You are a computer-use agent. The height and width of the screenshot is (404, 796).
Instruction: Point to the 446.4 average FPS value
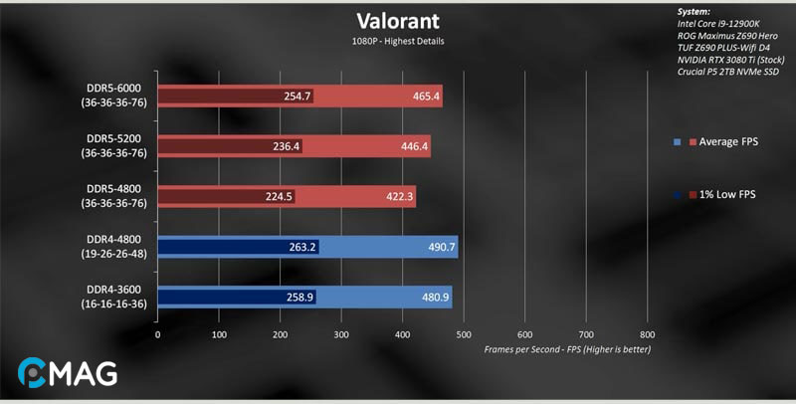[414, 146]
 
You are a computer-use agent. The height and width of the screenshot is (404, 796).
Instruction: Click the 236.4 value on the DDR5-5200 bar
[286, 146]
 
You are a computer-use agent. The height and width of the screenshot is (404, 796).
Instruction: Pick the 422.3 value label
[399, 197]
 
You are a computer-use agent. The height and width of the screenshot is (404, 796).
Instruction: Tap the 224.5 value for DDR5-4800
[279, 197]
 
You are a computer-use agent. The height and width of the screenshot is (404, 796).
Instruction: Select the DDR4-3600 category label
[115, 298]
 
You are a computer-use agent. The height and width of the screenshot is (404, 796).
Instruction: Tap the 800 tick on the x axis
[647, 334]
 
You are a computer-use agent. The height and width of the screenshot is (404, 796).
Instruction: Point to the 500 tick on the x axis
[464, 334]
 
